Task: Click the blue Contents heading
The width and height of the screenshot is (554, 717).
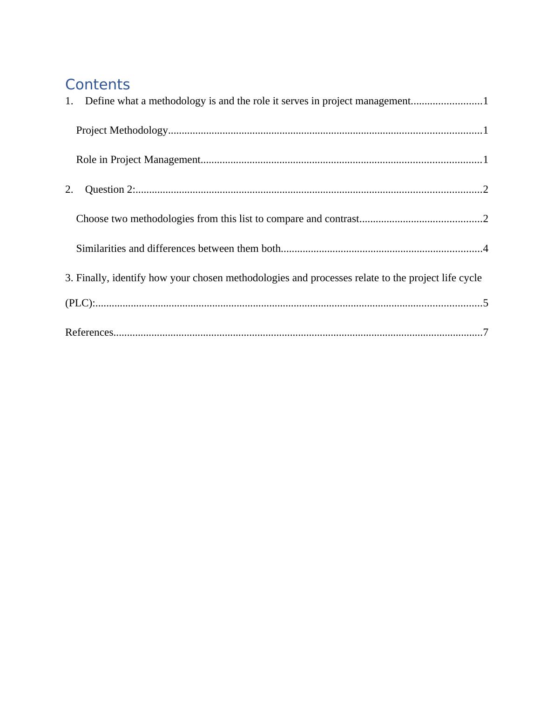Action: click(x=97, y=85)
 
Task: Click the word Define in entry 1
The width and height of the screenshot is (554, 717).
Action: click(x=100, y=101)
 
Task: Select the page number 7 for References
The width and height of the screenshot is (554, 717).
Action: click(x=486, y=332)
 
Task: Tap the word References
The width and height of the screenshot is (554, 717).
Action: click(x=89, y=332)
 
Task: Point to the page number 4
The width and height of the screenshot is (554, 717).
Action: click(x=486, y=249)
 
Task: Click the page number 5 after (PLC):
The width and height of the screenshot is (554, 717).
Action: click(x=486, y=303)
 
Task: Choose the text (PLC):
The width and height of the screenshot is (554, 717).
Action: click(x=80, y=303)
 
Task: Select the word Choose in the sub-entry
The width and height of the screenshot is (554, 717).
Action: click(x=93, y=219)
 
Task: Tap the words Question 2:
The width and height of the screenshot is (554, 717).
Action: click(x=110, y=189)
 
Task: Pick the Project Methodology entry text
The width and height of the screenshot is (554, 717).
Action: click(x=122, y=130)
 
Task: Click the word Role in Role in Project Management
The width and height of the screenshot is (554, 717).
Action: click(x=86, y=160)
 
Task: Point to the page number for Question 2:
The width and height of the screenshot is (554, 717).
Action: click(x=486, y=189)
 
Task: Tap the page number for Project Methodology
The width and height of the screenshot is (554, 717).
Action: click(x=486, y=130)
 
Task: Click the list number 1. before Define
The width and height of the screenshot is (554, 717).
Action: click(x=69, y=101)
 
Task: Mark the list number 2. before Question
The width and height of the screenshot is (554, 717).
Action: click(x=69, y=189)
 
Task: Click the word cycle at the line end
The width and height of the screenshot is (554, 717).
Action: click(x=470, y=278)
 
